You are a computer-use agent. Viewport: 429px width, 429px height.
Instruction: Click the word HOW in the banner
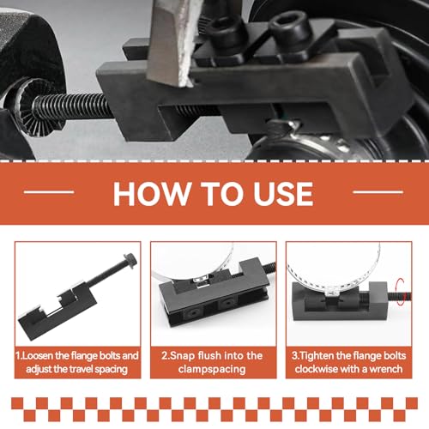point(153,194)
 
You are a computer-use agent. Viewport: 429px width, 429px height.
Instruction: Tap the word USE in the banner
point(283,194)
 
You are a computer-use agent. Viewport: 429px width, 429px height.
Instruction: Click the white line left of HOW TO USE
point(49,192)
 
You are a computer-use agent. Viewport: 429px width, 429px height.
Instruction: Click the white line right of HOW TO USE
point(378,192)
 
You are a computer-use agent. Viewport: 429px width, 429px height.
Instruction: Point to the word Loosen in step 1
point(38,356)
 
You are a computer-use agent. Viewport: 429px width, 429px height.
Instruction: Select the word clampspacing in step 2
point(212,370)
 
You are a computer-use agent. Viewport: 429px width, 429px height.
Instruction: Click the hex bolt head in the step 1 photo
point(130,260)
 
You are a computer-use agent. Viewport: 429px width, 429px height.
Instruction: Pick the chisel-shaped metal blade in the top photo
point(174,40)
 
